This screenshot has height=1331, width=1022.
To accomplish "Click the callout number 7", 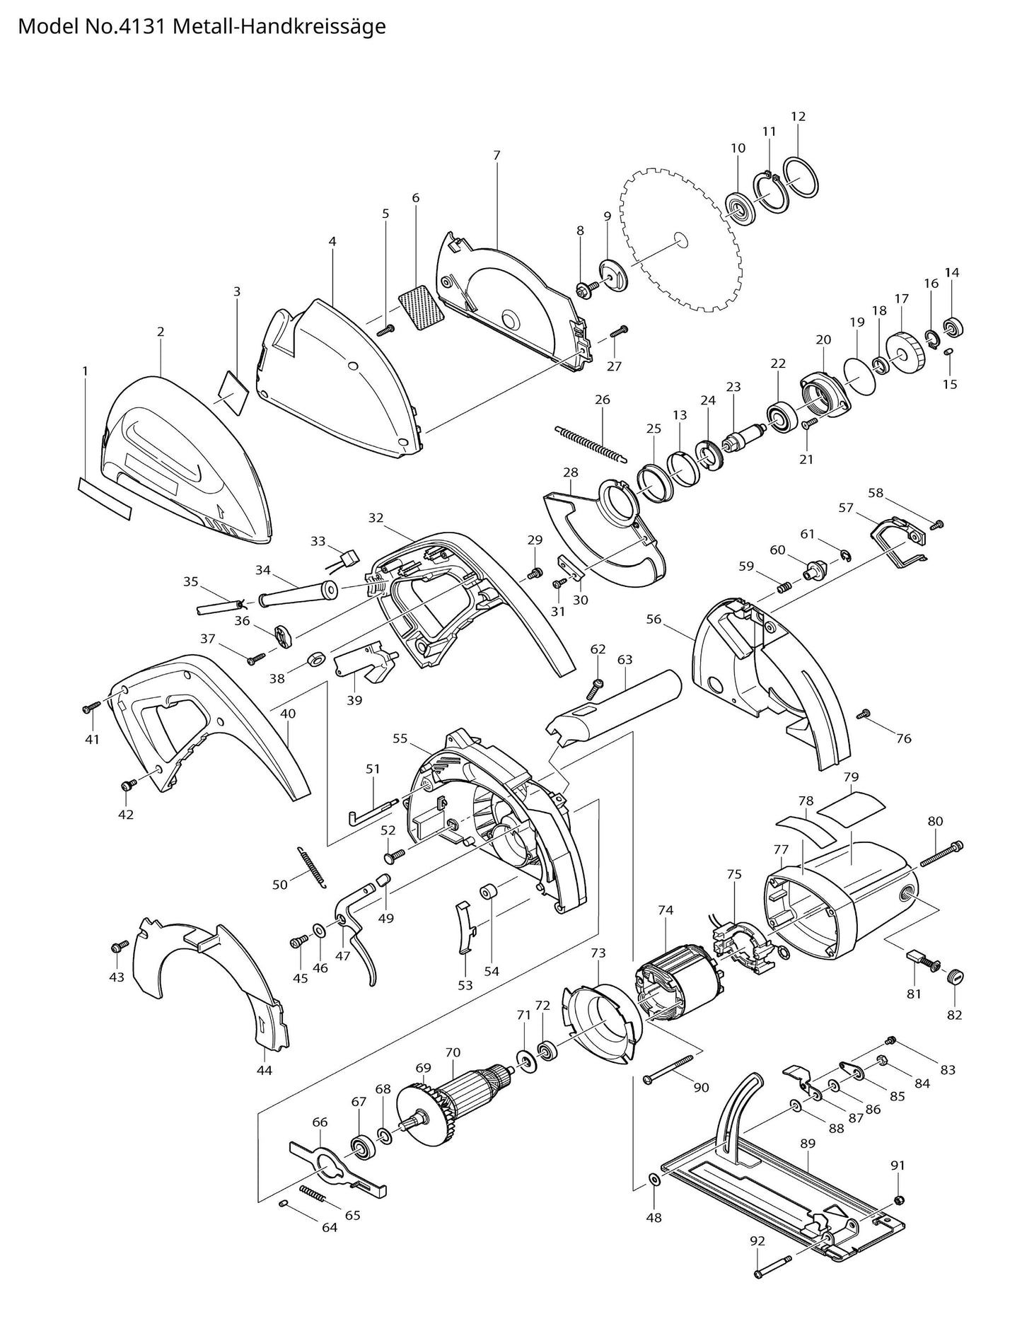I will [x=497, y=155].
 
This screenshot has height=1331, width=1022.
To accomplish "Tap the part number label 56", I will [x=654, y=619].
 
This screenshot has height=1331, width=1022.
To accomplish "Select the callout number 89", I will [x=808, y=1144].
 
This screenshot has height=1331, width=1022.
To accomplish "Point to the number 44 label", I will [x=264, y=1071].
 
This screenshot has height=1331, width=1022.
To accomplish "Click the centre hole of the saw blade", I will [x=680, y=239].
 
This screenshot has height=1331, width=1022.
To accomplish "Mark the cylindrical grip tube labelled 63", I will [x=615, y=707].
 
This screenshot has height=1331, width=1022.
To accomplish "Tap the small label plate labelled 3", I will [x=233, y=388].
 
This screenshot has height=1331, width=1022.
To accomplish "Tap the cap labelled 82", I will [x=955, y=977].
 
